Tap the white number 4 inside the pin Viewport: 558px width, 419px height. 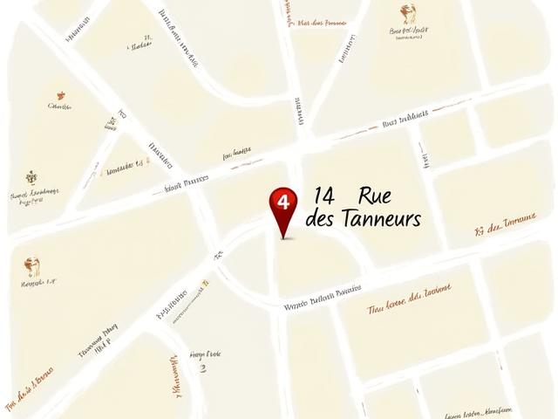(x=282, y=200)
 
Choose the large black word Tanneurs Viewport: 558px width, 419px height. (x=381, y=217)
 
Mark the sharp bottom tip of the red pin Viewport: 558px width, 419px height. (x=282, y=237)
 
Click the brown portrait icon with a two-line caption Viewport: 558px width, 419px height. (x=408, y=14)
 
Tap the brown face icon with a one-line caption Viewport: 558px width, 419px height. (x=32, y=265)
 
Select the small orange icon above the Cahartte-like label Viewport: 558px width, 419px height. (x=60, y=95)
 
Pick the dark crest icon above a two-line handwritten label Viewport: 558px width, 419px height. (x=31, y=177)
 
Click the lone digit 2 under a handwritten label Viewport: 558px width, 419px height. (x=204, y=368)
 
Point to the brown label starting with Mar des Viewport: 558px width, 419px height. (x=322, y=23)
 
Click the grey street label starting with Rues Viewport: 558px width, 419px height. (x=405, y=120)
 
